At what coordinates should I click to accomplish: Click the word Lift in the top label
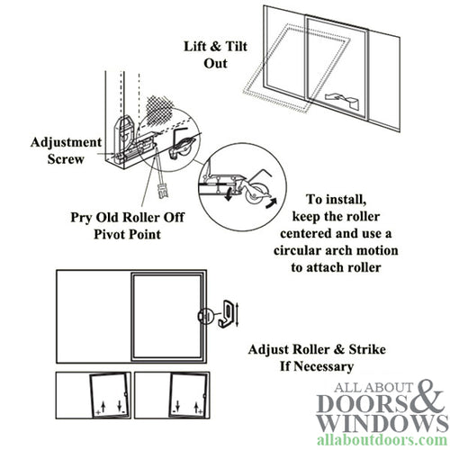tap(194, 47)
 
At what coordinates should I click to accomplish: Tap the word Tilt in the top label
tap(236, 47)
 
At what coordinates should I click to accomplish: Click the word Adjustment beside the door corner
tap(66, 143)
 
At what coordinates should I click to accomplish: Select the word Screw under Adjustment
tap(66, 159)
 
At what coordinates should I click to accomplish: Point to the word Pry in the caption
tap(81, 218)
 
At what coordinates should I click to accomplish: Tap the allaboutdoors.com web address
tap(382, 440)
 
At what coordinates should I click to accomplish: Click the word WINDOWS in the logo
tap(382, 423)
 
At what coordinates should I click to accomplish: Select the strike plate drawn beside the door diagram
tap(224, 316)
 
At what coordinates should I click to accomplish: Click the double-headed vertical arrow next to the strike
tap(238, 315)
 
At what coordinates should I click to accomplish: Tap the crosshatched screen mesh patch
tap(159, 111)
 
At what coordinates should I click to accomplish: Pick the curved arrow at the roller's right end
tap(271, 203)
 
